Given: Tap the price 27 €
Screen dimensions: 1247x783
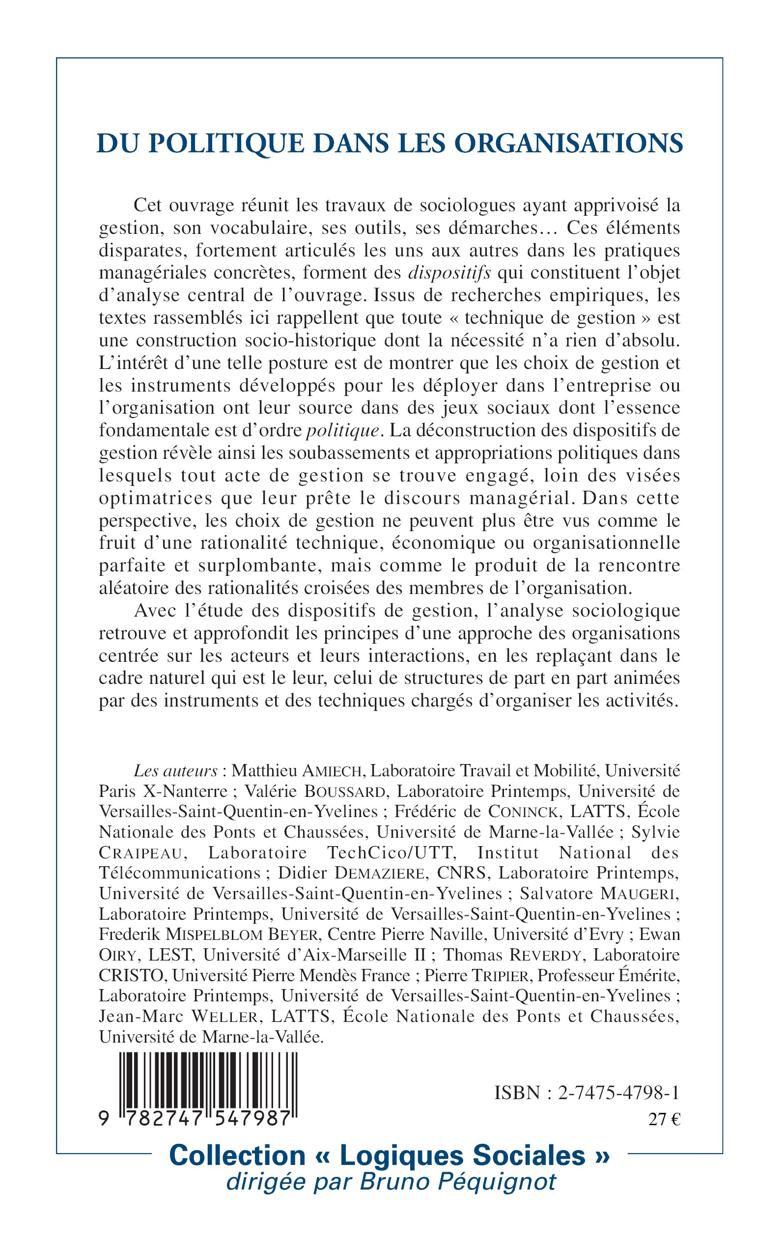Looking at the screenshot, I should pos(665,1120).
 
